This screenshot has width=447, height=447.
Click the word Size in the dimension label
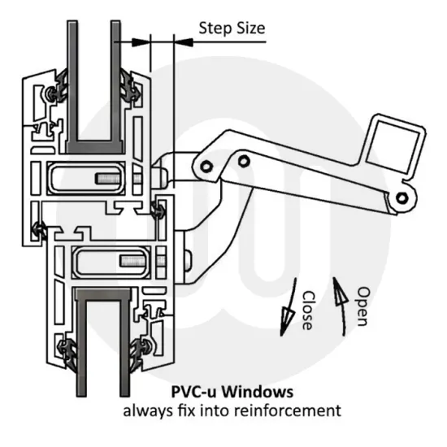[250, 28]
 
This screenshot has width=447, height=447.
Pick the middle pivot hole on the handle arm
[242, 159]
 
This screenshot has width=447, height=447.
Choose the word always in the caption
[143, 409]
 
